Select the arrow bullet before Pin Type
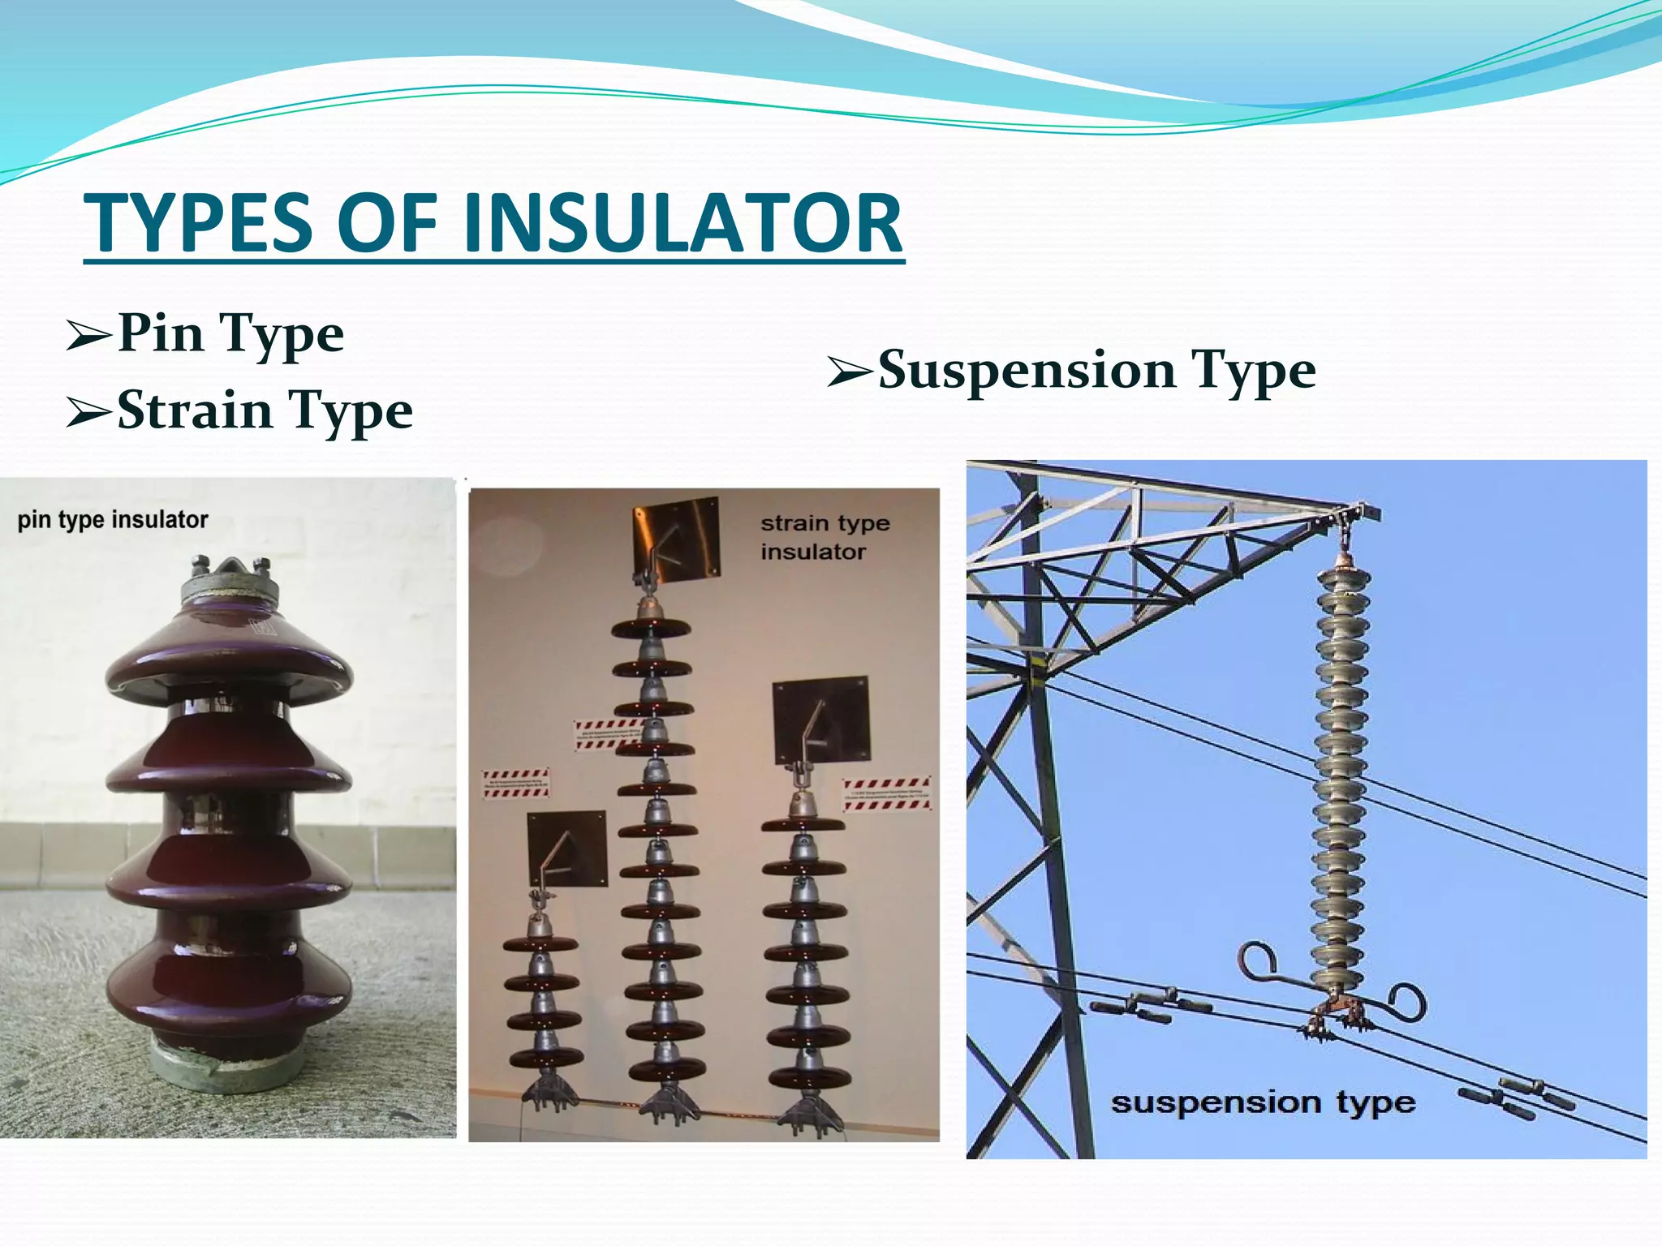point(88,336)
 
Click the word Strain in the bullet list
point(195,410)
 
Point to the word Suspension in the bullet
point(1027,371)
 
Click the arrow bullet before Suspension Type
point(850,371)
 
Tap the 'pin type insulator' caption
point(113,520)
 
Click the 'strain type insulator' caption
point(824,537)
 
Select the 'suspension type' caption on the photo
point(1263,1102)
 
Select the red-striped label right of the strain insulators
point(886,793)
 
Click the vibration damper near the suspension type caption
point(1516,1099)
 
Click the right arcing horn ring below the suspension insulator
point(1406,1003)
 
